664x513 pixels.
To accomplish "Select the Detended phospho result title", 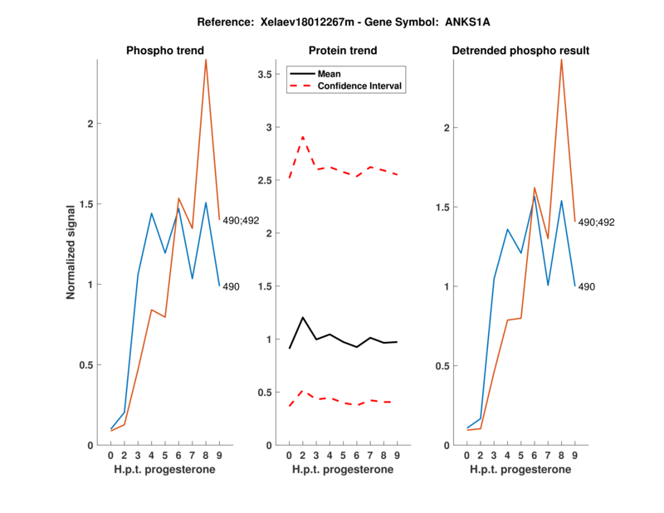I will (520, 51).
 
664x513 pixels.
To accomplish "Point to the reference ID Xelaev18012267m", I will (288, 22).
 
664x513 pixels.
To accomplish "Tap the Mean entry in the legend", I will (330, 73).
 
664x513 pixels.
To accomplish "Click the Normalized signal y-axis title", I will (71, 252).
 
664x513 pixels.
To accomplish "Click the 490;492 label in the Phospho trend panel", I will (240, 220).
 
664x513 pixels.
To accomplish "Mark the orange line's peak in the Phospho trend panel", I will (206, 60).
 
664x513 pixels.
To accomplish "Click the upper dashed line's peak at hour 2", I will (302, 137).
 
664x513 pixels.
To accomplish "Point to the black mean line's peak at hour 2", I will (302, 317).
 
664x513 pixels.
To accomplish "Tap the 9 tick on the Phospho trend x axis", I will (218, 455).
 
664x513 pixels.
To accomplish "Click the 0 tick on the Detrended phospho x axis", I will (467, 455).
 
